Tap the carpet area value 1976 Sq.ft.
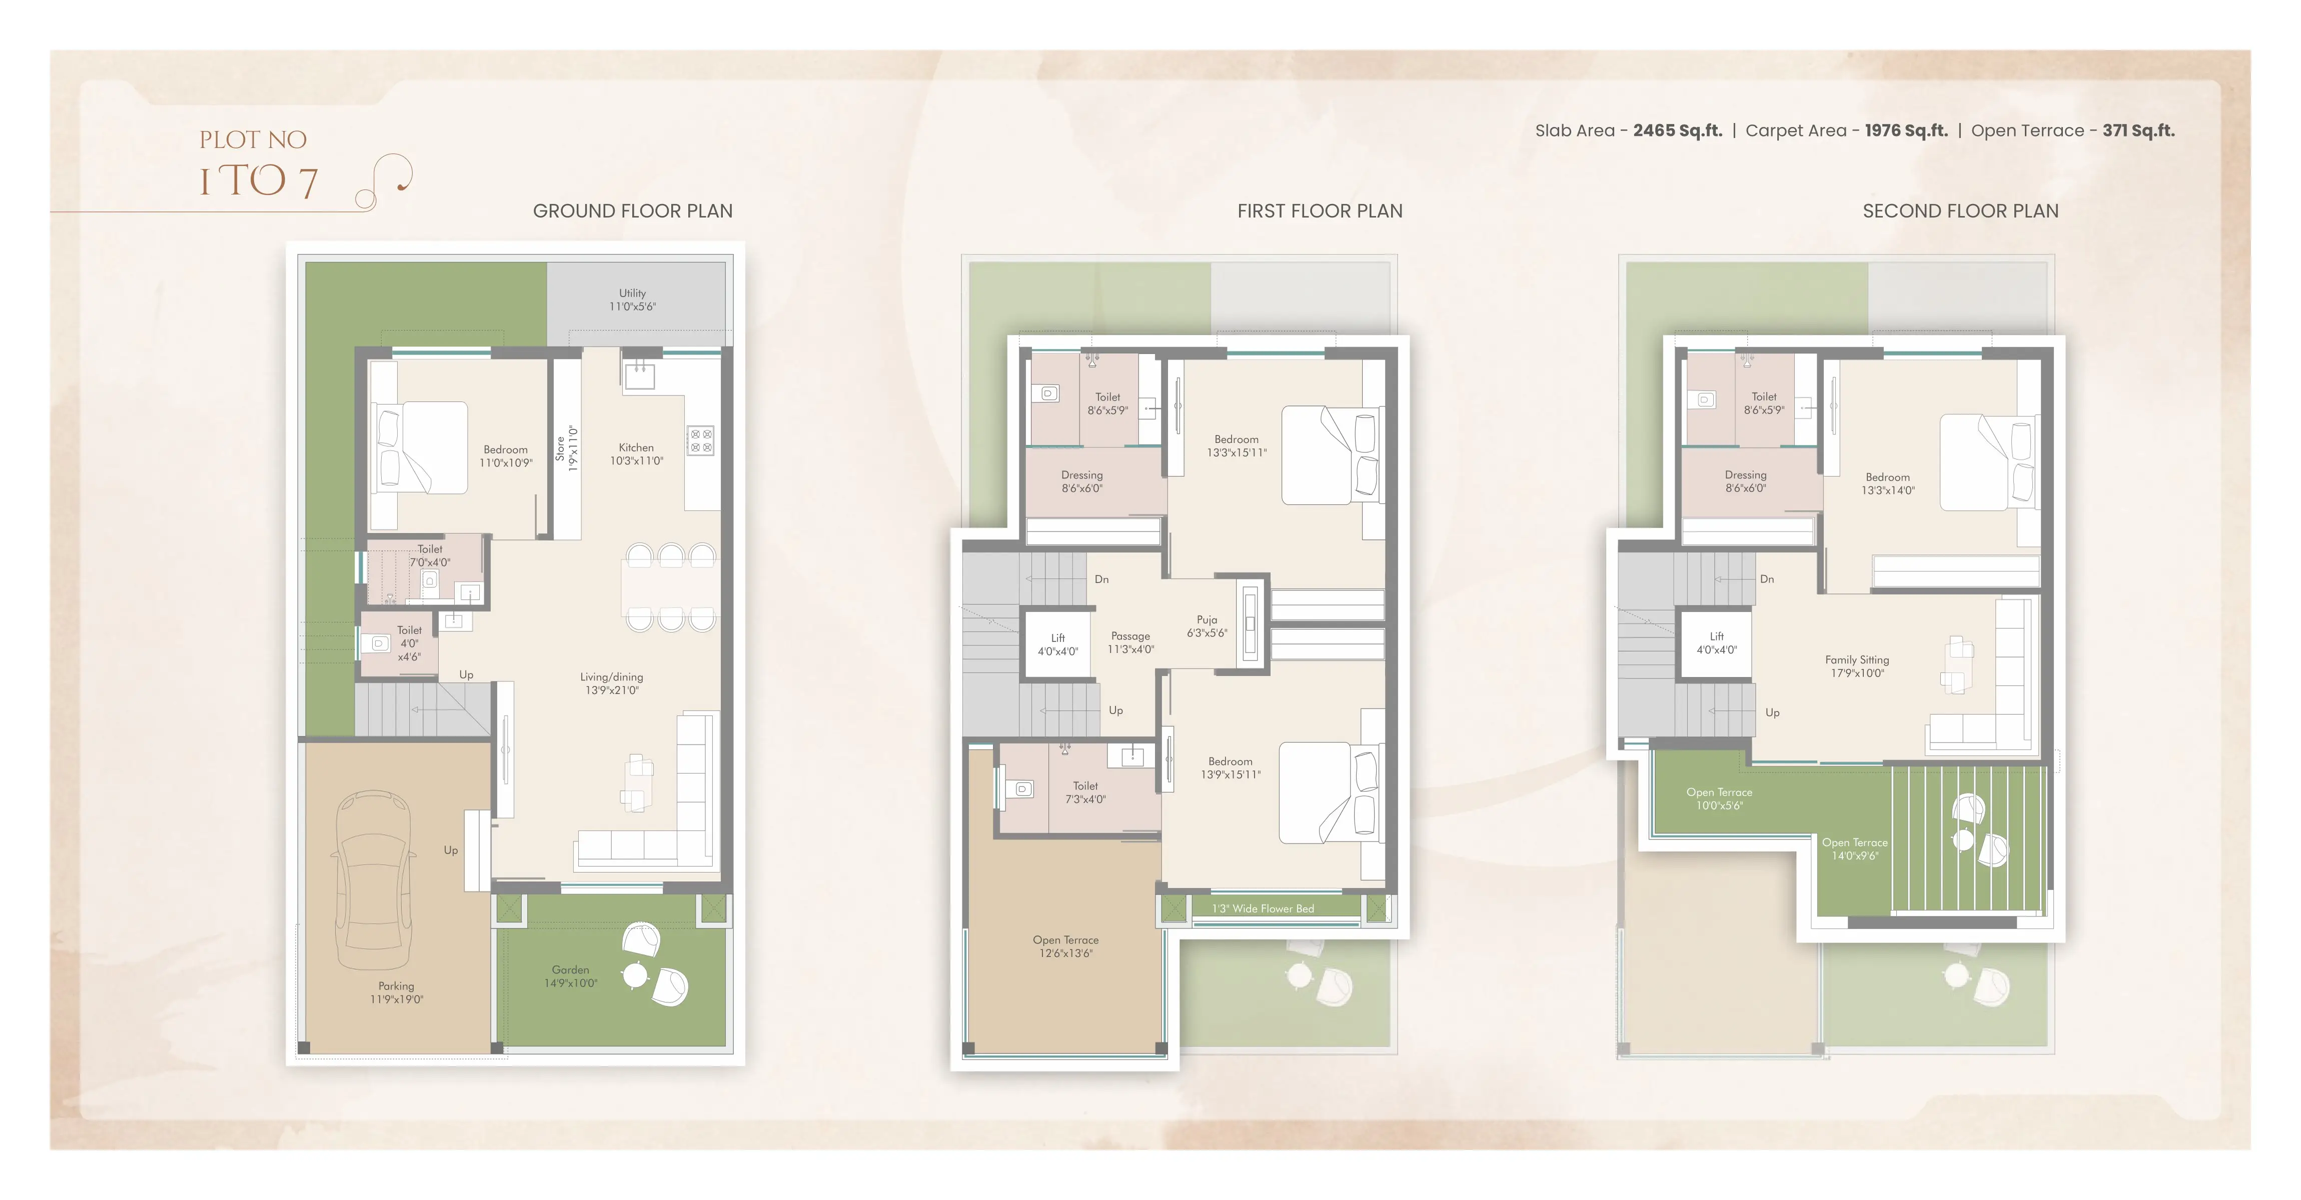click(x=1906, y=130)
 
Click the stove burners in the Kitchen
click(x=700, y=440)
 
